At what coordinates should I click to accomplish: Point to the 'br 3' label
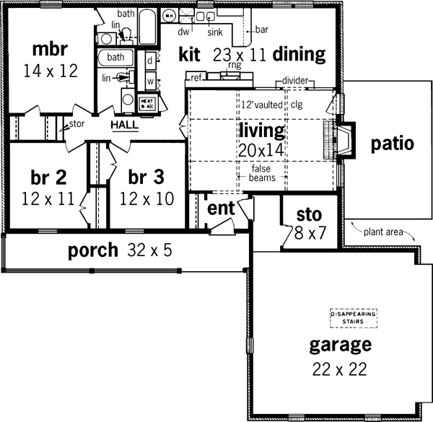147,177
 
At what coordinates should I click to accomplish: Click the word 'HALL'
124,125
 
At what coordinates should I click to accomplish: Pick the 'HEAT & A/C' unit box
146,102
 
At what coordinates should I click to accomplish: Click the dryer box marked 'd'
149,62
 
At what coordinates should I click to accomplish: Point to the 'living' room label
262,131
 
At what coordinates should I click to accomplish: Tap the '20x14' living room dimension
262,150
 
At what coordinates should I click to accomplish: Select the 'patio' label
392,143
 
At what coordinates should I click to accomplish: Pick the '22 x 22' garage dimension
339,369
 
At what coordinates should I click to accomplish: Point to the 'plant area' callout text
383,232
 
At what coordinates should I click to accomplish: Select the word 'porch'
92,251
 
